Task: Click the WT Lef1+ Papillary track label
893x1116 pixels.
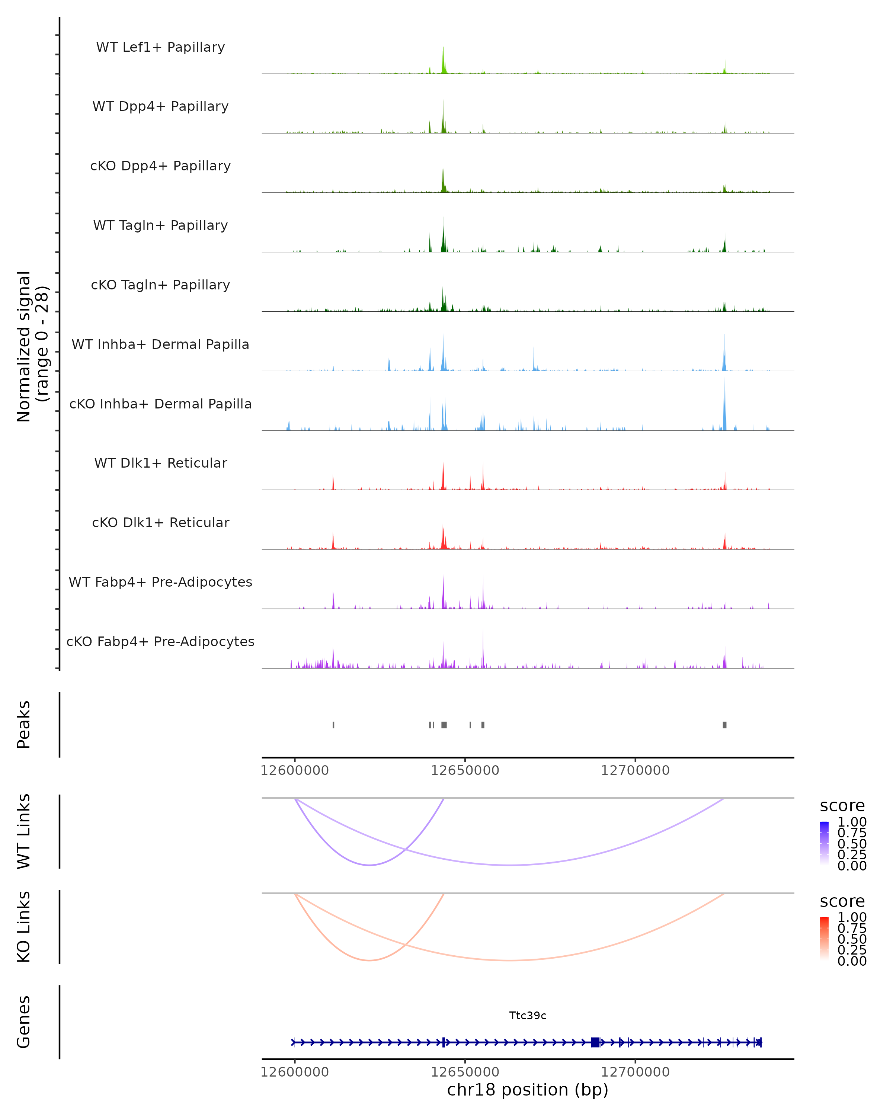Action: point(160,47)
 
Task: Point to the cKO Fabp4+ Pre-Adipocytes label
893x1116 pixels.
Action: point(160,641)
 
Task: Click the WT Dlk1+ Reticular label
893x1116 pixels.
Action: point(160,463)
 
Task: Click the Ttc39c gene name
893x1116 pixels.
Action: point(528,1016)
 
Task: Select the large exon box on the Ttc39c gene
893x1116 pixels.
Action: point(595,1042)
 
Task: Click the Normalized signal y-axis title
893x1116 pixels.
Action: point(32,346)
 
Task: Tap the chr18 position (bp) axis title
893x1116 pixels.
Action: point(528,1090)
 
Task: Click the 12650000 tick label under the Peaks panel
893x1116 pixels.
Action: point(465,770)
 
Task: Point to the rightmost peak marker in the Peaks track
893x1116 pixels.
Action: point(724,725)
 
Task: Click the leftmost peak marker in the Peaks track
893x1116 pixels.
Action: point(333,725)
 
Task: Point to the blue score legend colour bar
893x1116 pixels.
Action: point(824,843)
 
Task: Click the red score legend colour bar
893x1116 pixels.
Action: point(824,939)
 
